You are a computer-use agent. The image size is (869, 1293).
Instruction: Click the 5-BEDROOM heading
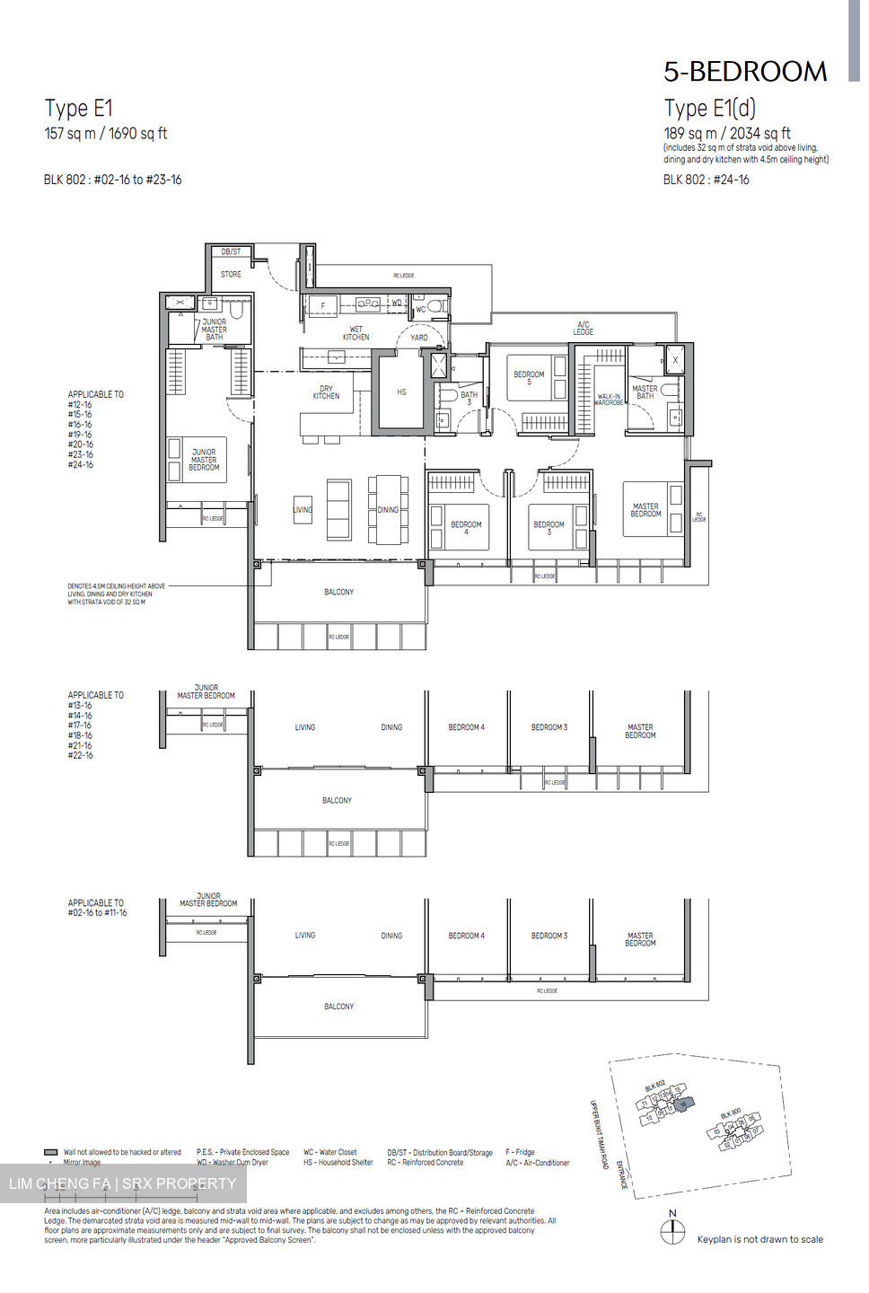[x=745, y=72]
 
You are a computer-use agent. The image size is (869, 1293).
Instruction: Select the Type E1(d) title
[x=709, y=109]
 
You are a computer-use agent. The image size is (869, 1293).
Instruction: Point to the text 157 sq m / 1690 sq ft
[x=106, y=134]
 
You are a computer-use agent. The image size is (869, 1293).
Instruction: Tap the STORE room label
[x=231, y=274]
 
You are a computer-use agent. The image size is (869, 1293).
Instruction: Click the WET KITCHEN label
[x=355, y=333]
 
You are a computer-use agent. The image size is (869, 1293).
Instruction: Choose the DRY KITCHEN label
[x=326, y=392]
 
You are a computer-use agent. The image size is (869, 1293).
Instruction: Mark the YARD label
[x=419, y=338]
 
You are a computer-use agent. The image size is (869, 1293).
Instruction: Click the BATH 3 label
[x=469, y=398]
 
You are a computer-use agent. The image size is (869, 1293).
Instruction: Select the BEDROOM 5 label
[x=529, y=378]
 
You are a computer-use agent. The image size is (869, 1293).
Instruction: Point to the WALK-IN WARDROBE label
[x=610, y=400]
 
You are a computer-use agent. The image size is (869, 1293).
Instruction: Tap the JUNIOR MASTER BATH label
[x=215, y=330]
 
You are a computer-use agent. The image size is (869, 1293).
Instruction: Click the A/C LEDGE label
[x=584, y=328]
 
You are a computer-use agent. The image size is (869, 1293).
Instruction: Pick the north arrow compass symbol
[x=672, y=1232]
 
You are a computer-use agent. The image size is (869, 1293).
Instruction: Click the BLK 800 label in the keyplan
[x=730, y=1113]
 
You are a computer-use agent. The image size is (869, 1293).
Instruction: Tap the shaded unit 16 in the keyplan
[x=684, y=1104]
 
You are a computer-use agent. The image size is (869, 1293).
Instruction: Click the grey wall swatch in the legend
[x=51, y=1152]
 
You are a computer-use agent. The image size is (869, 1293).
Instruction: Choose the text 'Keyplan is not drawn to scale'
[x=759, y=1239]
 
